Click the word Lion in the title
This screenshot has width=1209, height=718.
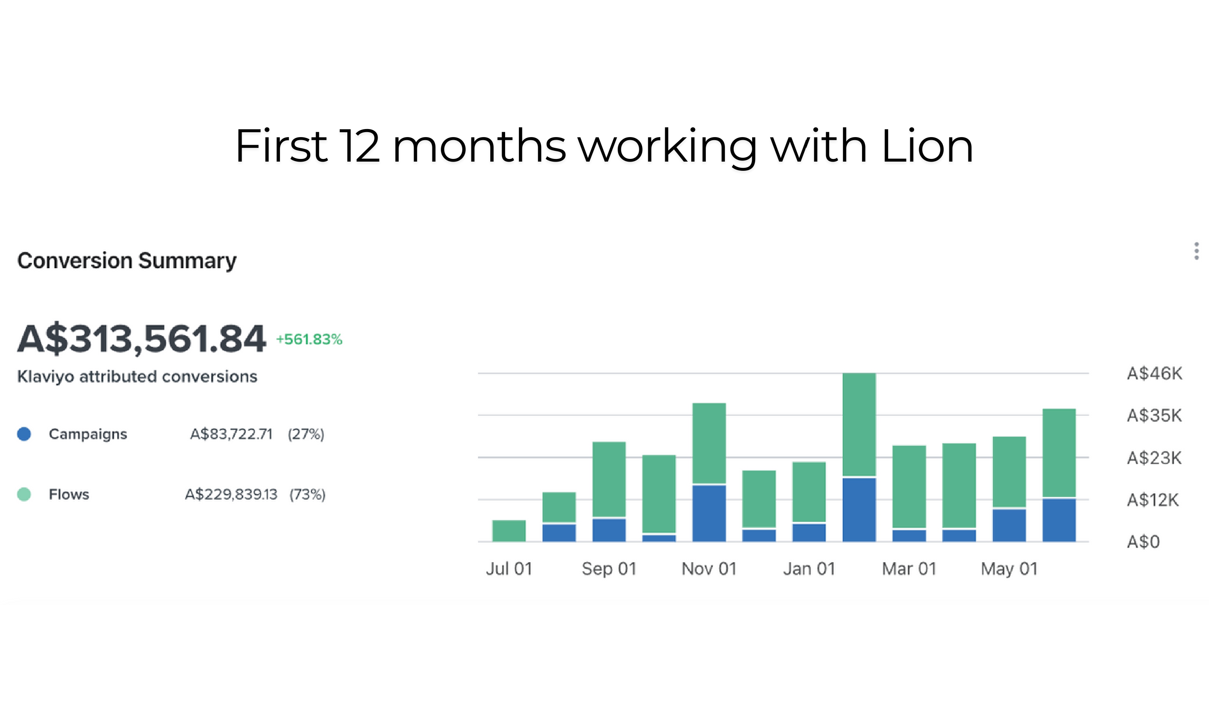point(926,146)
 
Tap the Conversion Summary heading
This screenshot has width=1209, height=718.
point(127,261)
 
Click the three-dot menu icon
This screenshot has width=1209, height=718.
point(1196,251)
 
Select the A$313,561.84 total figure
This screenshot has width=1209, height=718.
point(141,339)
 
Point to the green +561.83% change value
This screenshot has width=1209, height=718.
point(309,340)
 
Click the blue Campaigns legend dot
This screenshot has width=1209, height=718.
point(24,434)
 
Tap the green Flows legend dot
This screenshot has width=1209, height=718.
point(24,494)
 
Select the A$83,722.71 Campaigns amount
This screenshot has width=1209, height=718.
point(231,434)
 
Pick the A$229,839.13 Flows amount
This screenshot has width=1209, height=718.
point(231,494)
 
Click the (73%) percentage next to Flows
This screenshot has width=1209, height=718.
point(307,494)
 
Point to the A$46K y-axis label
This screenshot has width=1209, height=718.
point(1154,373)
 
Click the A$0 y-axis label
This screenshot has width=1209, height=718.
point(1143,542)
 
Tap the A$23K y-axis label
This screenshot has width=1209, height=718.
point(1154,458)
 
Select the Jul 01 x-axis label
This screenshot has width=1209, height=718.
point(509,569)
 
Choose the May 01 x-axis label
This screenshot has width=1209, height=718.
point(1009,569)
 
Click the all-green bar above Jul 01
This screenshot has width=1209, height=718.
point(509,531)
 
